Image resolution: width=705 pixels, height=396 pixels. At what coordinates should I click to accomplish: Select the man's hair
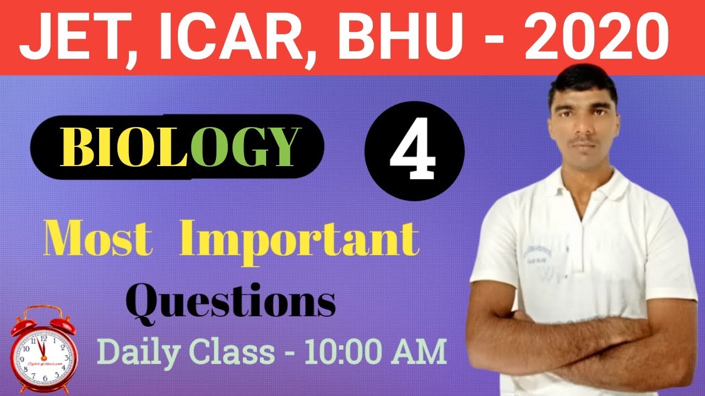[583, 82]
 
